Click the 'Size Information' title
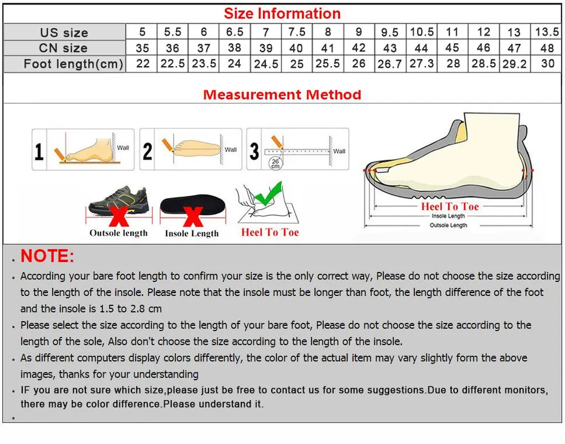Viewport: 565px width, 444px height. click(x=282, y=13)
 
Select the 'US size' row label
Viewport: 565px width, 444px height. click(x=64, y=32)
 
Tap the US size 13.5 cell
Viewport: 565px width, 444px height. click(x=547, y=32)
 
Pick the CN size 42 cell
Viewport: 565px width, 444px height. click(x=359, y=48)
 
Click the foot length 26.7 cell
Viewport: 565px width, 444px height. click(x=389, y=64)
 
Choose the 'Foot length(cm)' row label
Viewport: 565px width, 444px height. click(x=73, y=64)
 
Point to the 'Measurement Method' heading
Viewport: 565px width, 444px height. click(x=282, y=94)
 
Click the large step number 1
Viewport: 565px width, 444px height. click(x=39, y=151)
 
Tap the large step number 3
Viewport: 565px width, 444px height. click(x=254, y=151)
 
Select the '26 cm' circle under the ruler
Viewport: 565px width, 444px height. click(x=276, y=163)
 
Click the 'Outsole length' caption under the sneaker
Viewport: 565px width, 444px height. click(x=119, y=233)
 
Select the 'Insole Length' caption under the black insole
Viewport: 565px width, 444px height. click(x=192, y=234)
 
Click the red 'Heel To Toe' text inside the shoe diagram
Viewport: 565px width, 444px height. click(x=449, y=206)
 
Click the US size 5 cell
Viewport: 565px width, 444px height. click(x=142, y=32)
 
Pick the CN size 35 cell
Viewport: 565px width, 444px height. click(x=142, y=48)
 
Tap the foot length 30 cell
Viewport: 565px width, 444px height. click(x=547, y=63)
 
